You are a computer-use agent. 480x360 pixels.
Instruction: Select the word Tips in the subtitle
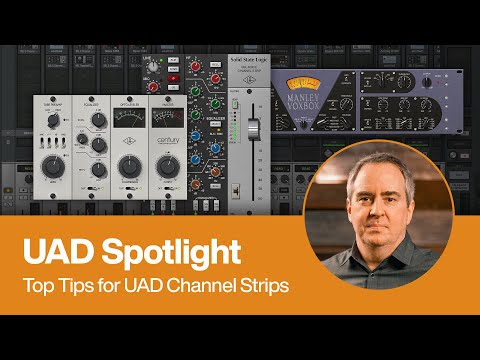pos(69,286)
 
